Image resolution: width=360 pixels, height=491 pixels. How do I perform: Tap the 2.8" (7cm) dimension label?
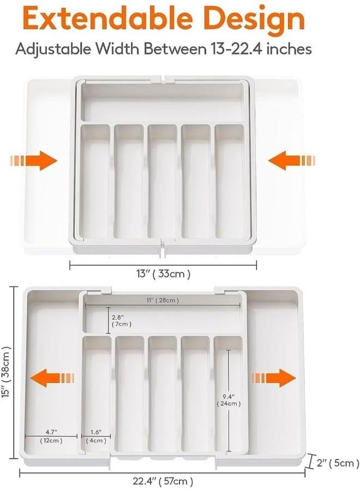click(x=119, y=320)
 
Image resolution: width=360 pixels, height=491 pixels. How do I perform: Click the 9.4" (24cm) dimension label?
click(x=228, y=399)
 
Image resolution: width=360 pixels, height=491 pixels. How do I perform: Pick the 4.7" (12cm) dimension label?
click(x=51, y=435)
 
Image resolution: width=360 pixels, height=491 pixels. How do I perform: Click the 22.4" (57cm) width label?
click(x=163, y=481)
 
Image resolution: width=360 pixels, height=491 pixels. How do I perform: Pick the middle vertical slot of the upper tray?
click(x=162, y=182)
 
